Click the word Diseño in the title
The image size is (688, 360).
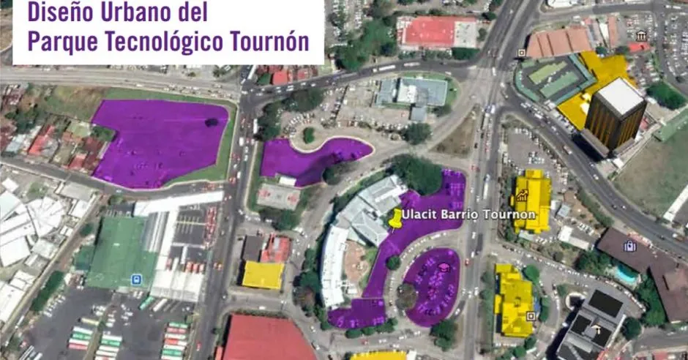click(59, 12)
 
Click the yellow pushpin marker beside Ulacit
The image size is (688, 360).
click(395, 217)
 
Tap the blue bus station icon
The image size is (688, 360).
click(136, 279)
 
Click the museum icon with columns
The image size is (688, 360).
click(641, 36)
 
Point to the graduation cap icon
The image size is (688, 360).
click(443, 268)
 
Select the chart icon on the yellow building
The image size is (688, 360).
click(523, 195)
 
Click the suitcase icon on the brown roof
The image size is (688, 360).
click(629, 246)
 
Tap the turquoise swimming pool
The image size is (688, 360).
click(626, 274)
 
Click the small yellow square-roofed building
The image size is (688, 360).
click(263, 275)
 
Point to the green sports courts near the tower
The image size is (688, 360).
click(553, 78)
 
